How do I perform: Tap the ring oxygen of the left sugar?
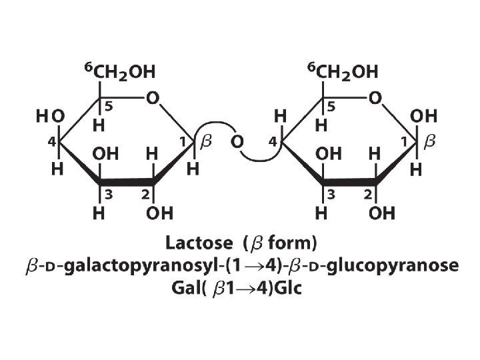tap(153, 98)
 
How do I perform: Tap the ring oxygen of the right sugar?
tap(375, 98)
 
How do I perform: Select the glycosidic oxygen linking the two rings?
tap(237, 141)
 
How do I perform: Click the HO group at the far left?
tap(50, 116)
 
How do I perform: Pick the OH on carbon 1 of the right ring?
tap(424, 116)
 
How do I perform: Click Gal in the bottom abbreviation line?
tap(183, 290)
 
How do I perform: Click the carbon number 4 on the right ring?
tap(272, 141)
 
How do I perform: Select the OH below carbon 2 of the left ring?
tap(160, 214)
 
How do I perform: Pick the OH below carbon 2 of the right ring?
tap(382, 214)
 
